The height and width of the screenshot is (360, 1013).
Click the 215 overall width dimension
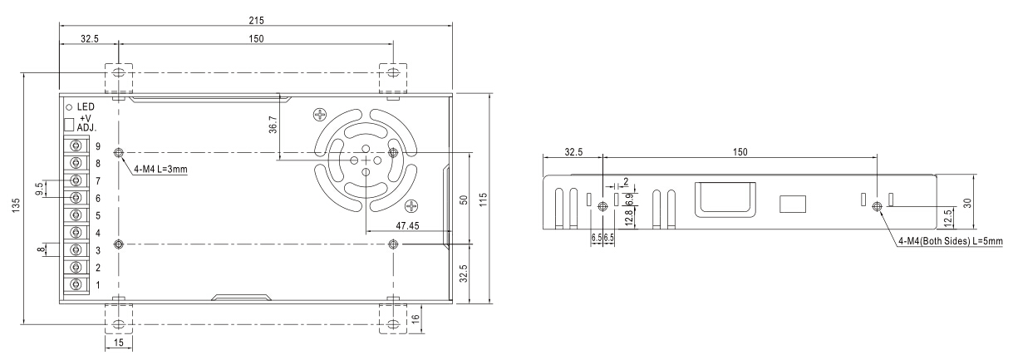(256, 20)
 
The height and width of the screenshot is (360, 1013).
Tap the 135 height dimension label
(17, 205)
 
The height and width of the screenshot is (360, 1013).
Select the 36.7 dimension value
(273, 125)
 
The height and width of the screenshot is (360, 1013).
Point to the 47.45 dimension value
(407, 225)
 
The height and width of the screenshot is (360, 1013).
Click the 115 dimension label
(484, 200)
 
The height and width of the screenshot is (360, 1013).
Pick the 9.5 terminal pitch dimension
(39, 189)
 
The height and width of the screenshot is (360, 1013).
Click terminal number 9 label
(98, 146)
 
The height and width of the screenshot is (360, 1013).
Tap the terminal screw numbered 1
(76, 284)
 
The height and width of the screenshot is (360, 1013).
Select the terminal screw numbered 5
(76, 215)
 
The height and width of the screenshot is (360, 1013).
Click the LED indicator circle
(69, 107)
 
